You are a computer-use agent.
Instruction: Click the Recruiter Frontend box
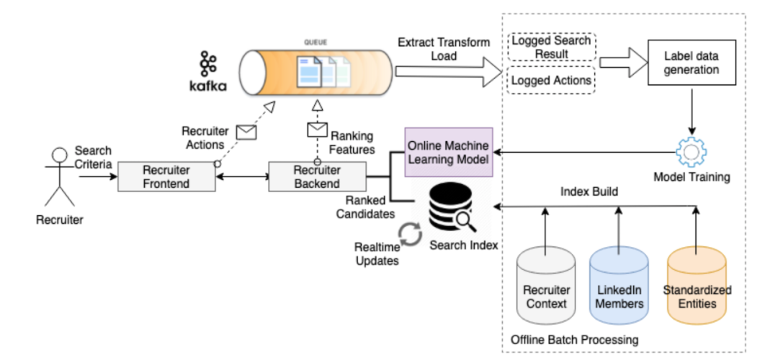166,177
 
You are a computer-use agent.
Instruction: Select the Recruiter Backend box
316,177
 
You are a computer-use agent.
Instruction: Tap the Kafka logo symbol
208,65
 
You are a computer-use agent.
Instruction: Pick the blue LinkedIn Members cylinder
619,288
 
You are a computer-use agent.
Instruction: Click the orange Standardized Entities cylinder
697,288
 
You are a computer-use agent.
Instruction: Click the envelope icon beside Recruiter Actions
246,132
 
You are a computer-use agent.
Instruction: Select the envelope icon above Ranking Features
317,130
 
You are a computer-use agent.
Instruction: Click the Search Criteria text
93,156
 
